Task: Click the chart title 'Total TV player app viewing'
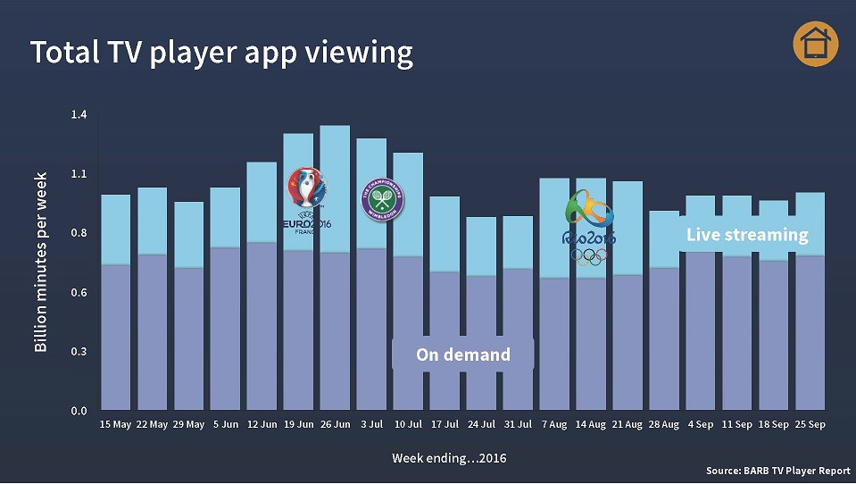tap(221, 53)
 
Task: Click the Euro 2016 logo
tap(306, 198)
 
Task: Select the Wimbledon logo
tap(382, 200)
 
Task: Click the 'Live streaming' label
tap(747, 235)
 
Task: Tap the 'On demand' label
tap(463, 355)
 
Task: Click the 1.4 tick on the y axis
tap(79, 114)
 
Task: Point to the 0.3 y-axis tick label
tap(79, 352)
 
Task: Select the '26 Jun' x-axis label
tap(335, 425)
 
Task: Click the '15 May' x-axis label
tap(116, 425)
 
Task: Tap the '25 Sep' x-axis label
tap(810, 425)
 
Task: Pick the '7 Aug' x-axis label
tap(554, 425)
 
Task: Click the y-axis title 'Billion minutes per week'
tap(41, 262)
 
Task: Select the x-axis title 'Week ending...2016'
tap(449, 458)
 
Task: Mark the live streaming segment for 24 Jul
tap(481, 246)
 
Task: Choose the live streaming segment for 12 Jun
tap(262, 202)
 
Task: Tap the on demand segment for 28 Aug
tap(663, 339)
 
